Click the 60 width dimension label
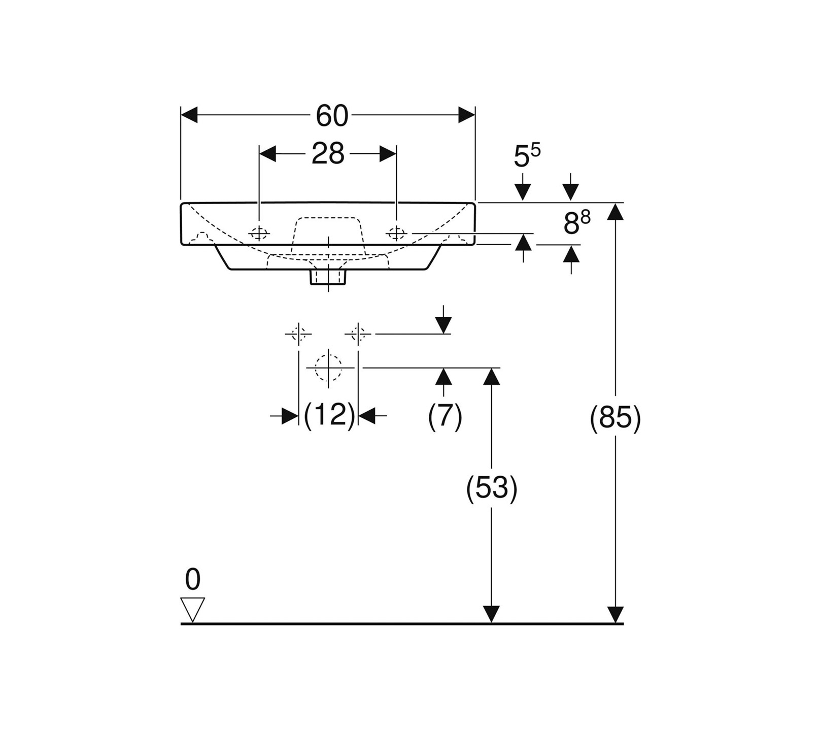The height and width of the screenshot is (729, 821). point(332,116)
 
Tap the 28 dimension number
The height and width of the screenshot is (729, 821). point(328,153)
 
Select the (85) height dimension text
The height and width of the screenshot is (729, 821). point(615,418)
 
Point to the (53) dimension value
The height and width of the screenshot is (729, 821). point(492,489)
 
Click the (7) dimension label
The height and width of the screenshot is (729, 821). point(445,417)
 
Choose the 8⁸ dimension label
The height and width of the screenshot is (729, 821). point(577,222)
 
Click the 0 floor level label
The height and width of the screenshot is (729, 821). point(193,579)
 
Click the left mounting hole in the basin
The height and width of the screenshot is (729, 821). point(259,233)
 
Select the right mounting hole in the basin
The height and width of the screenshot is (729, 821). point(396,233)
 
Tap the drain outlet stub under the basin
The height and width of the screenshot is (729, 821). point(328,277)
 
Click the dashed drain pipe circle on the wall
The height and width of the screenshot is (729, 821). point(328,367)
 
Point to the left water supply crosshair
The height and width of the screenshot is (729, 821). point(298,334)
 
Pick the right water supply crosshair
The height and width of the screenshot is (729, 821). point(358,334)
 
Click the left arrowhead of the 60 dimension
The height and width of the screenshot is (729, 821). point(189,115)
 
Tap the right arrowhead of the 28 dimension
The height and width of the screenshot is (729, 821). point(388,153)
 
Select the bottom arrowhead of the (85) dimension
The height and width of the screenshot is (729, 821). point(615,614)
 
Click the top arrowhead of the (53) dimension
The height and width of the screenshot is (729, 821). point(491,376)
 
